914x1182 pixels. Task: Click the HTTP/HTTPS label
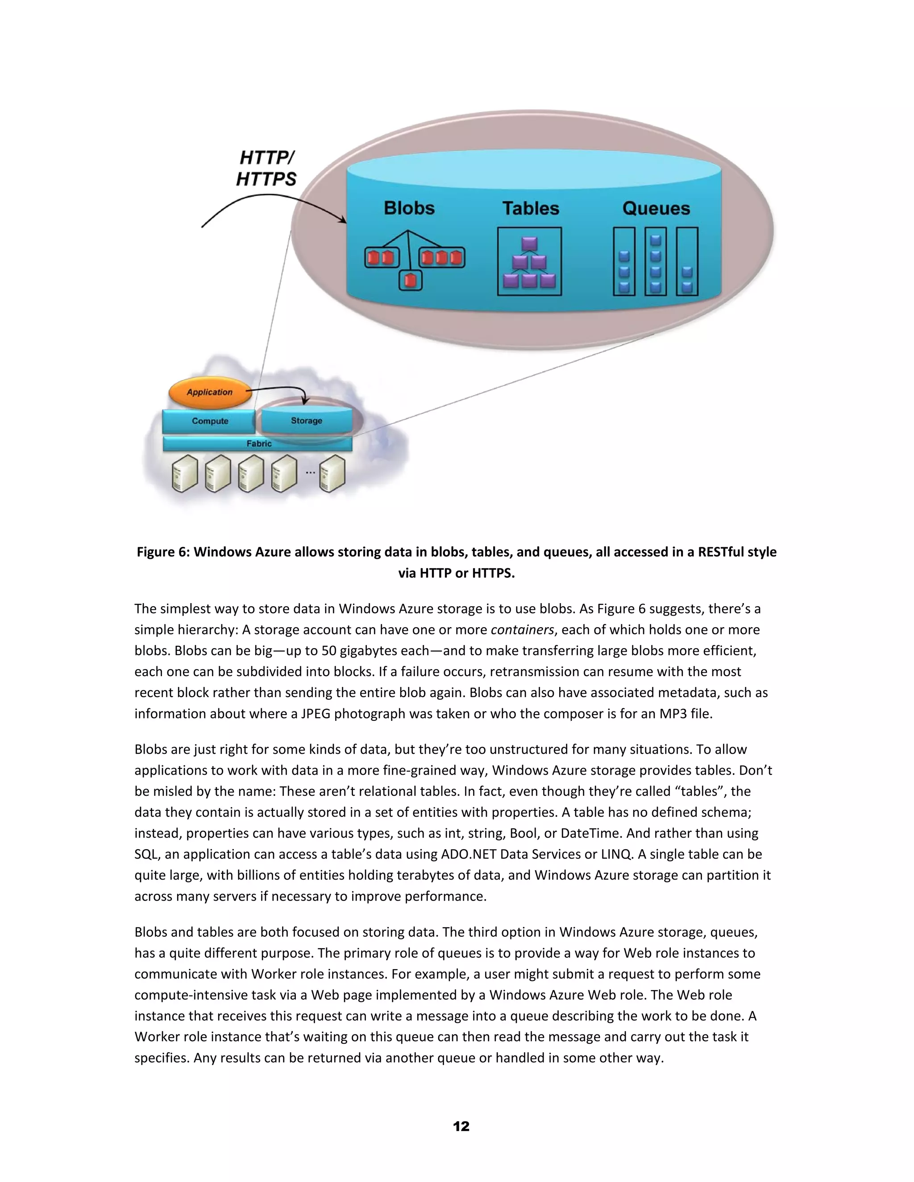tap(266, 168)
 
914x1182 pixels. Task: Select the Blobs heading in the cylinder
tap(409, 208)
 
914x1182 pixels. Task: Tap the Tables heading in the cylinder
tap(530, 208)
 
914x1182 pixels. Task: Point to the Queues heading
tap(656, 208)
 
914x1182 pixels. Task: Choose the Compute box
tap(210, 421)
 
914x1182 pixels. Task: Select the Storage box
tap(307, 421)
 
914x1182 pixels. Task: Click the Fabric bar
tap(258, 444)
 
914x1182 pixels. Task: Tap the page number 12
tap(461, 1126)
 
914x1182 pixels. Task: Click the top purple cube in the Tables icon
tap(529, 244)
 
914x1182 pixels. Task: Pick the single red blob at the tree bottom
tap(410, 281)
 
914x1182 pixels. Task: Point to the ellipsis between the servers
tap(310, 472)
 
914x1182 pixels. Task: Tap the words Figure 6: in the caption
tap(163, 552)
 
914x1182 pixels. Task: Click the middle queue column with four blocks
tap(655, 262)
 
